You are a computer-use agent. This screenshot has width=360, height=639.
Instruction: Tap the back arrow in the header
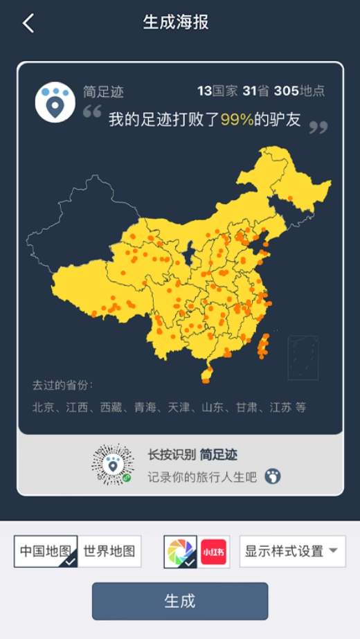coord(28,23)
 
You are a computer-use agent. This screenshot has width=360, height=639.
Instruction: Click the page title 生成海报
coord(176,22)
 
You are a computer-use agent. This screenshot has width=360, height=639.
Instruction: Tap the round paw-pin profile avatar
coord(55,102)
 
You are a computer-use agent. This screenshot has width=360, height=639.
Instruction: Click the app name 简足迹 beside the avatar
coord(103,92)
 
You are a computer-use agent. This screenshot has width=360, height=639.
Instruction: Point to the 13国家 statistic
coord(217,91)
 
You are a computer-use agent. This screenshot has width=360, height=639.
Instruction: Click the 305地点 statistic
coord(299,91)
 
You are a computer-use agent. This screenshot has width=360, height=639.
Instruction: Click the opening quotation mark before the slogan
coord(92,111)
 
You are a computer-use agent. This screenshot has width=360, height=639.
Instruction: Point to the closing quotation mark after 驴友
coord(318,127)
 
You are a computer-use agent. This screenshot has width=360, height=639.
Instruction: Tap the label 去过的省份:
coord(62,385)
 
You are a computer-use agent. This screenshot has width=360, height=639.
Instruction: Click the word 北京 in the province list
coord(43,407)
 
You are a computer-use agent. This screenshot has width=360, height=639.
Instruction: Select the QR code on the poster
coord(113,464)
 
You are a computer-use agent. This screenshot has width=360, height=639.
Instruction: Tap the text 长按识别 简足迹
coord(192,455)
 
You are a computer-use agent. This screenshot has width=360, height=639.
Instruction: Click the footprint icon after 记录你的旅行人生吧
coord(273,476)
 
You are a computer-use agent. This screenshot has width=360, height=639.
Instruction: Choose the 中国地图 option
coord(46,552)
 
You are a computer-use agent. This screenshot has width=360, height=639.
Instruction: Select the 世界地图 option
coord(109,552)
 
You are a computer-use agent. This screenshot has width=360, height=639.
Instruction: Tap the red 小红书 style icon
coord(215,552)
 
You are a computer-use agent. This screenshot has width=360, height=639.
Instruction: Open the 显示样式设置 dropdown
coord(292,552)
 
